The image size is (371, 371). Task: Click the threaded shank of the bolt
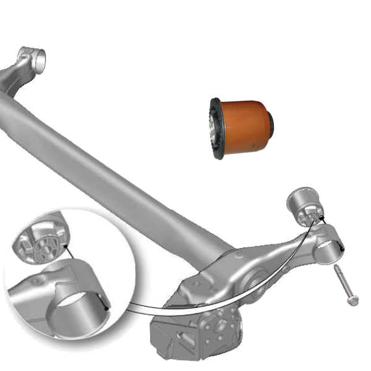click(x=342, y=279)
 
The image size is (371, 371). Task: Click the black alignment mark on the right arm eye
click(x=342, y=248)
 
